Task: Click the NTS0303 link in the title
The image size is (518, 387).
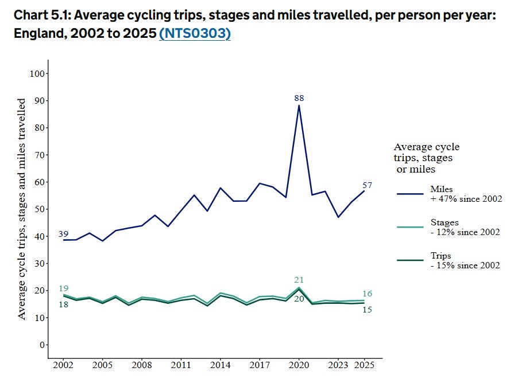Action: [x=195, y=33]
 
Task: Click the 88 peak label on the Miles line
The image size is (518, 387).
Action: [x=299, y=98]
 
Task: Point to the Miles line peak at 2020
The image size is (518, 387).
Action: [x=299, y=105]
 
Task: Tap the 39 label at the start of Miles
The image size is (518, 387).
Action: [x=63, y=234]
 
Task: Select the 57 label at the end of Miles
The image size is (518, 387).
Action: [x=367, y=185]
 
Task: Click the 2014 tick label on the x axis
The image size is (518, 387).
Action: [x=221, y=365]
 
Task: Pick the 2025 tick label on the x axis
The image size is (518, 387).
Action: [x=364, y=365]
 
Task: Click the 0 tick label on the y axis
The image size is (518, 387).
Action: [x=42, y=345]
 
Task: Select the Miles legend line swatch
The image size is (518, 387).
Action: [x=410, y=194]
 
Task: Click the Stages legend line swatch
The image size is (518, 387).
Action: [x=410, y=227]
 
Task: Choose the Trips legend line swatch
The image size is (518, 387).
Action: [x=410, y=260]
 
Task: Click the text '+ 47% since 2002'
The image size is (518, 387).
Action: [x=466, y=198]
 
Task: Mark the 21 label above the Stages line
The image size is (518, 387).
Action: [x=299, y=280]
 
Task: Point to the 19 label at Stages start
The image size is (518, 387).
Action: [x=63, y=288]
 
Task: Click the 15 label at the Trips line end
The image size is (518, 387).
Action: [x=367, y=310]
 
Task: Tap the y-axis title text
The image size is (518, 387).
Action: [x=21, y=209]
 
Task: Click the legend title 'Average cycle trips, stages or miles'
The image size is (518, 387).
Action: [x=427, y=158]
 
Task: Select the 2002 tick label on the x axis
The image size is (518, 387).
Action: [x=63, y=365]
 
